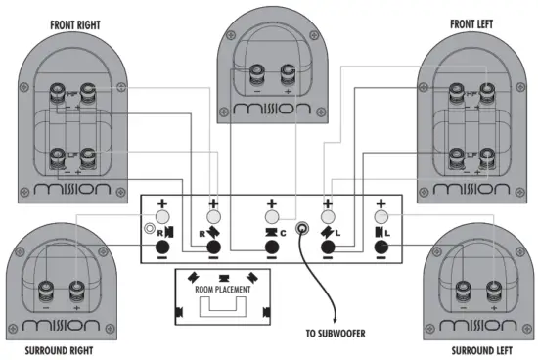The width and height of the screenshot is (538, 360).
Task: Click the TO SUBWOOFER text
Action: tap(335, 334)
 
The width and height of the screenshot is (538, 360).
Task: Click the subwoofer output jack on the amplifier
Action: tap(305, 232)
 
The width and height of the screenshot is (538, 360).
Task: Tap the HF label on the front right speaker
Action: tap(58, 92)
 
